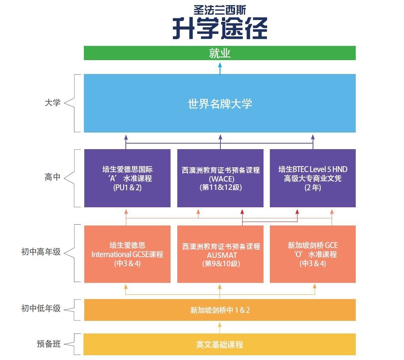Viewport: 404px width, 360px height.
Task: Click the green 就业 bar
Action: click(x=220, y=53)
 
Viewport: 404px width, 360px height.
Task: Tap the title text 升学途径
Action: click(x=220, y=28)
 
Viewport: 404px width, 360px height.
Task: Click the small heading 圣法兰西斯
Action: click(x=220, y=10)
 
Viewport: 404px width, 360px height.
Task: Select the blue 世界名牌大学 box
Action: click(x=220, y=103)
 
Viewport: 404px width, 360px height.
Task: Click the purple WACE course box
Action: click(x=220, y=178)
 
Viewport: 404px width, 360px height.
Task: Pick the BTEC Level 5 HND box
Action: click(x=313, y=178)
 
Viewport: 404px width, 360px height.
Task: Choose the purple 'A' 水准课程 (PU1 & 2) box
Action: click(x=127, y=178)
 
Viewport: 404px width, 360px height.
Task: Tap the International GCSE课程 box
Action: click(x=127, y=254)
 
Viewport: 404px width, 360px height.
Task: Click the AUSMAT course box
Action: click(x=220, y=254)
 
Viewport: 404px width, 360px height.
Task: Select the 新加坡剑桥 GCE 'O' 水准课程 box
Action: click(x=313, y=254)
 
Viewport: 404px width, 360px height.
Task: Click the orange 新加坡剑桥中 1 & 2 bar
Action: click(x=220, y=310)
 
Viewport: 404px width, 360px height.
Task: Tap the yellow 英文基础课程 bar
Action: click(x=220, y=344)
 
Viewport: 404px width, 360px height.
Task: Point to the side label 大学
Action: click(x=53, y=102)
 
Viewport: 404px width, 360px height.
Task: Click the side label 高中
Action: click(x=53, y=177)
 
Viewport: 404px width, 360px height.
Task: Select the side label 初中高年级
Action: click(x=41, y=252)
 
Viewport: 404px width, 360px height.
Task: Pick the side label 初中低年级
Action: click(x=41, y=308)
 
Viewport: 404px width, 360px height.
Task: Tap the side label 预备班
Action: click(x=49, y=343)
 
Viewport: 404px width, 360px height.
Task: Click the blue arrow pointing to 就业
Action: click(x=220, y=68)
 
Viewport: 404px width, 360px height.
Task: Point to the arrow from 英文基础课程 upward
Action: click(x=220, y=328)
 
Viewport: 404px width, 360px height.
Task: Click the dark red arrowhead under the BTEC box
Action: click(x=297, y=212)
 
